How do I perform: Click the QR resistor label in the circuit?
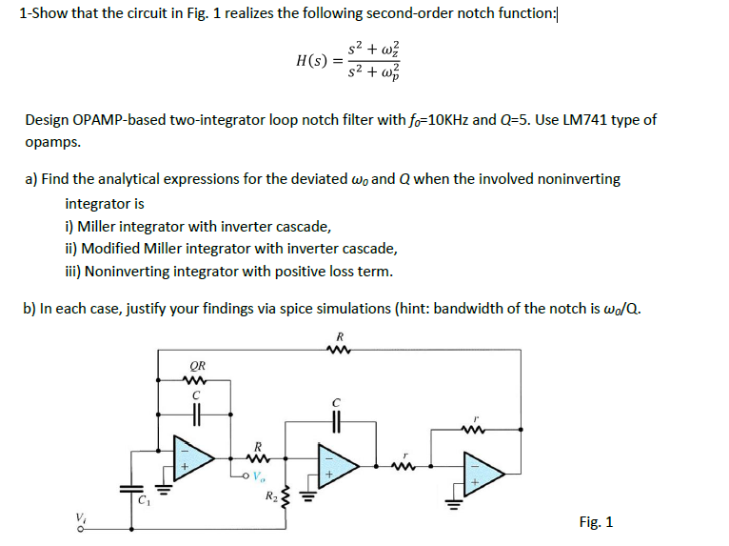198,365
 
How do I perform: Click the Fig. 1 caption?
596,521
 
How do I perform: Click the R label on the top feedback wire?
340,335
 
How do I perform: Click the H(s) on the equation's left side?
312,60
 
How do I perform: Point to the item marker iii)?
72,272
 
